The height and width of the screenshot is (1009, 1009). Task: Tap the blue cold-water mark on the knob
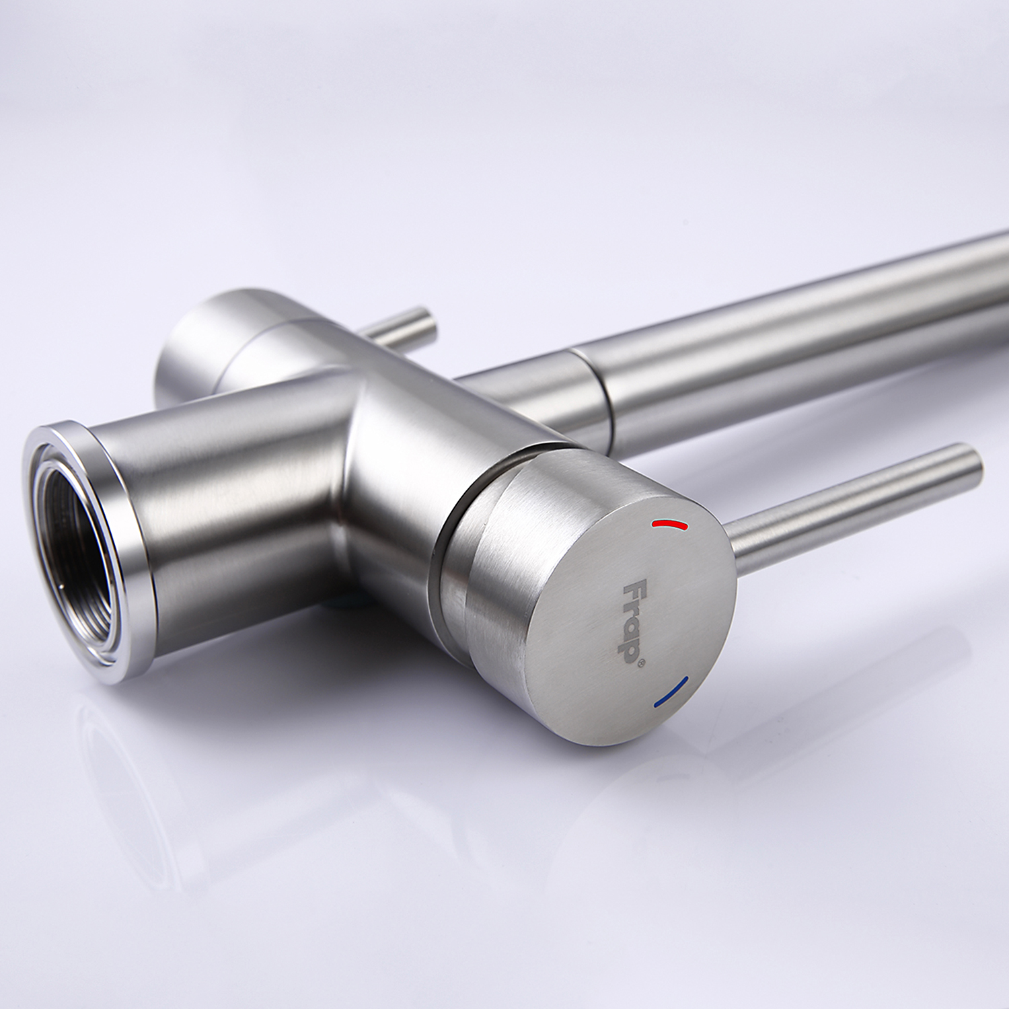pyautogui.click(x=671, y=692)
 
